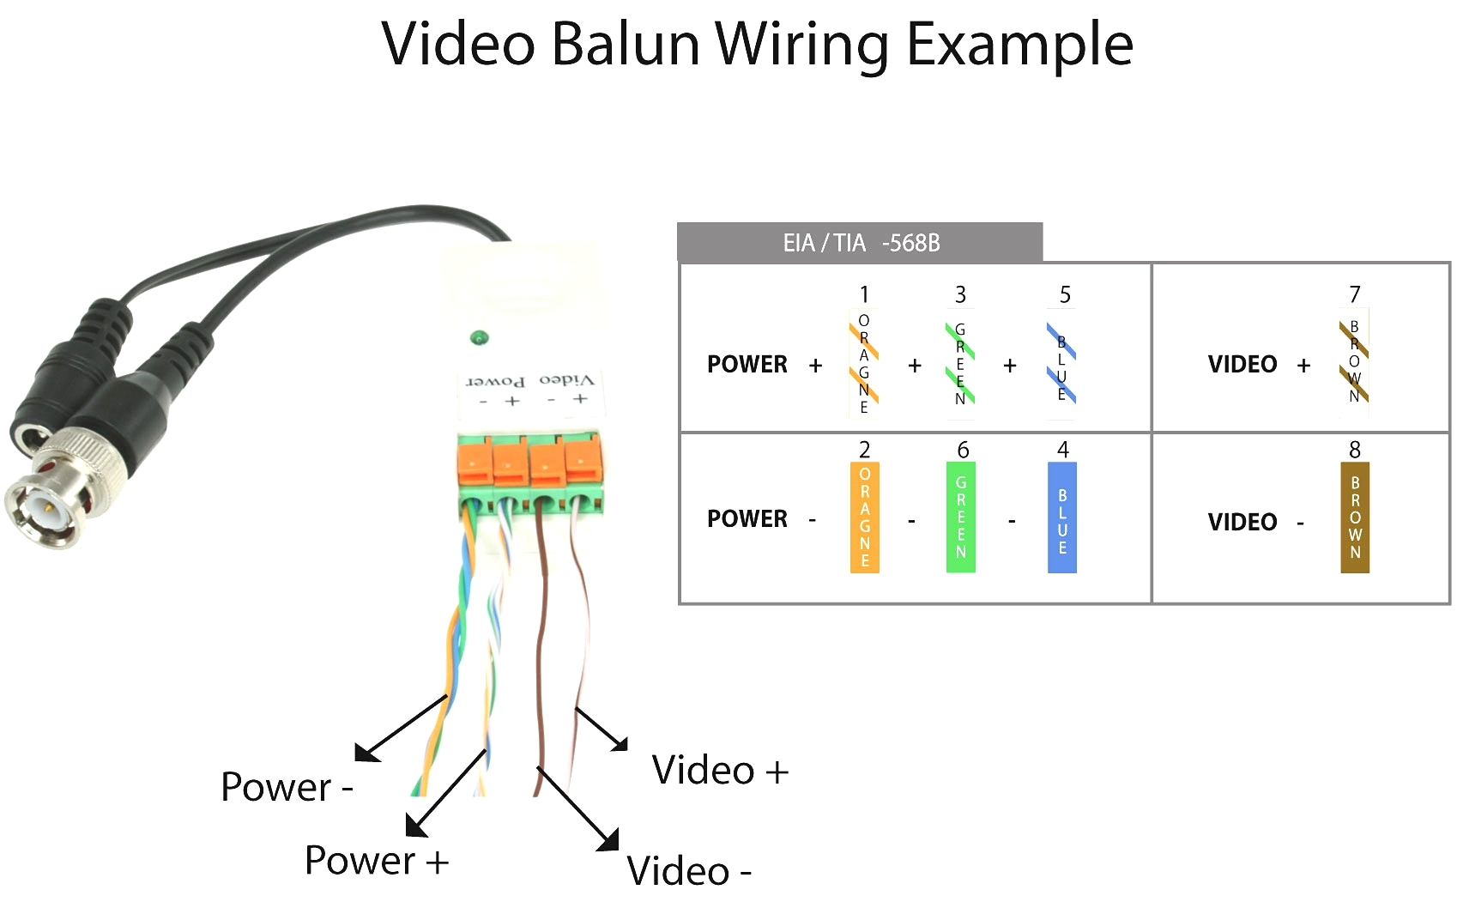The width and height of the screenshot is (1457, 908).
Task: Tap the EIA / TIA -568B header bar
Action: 860,243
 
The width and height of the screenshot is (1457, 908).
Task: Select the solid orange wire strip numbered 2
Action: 864,517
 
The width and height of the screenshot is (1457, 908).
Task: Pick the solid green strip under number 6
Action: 960,517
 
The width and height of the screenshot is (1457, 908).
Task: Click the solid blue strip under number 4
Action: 1061,518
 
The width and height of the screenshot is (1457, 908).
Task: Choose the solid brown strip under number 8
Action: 1354,518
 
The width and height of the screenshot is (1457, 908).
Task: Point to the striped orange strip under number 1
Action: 863,364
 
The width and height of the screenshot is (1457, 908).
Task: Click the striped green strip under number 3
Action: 959,364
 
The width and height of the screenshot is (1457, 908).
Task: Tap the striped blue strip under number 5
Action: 1061,364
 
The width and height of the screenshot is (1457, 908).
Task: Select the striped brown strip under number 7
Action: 1354,362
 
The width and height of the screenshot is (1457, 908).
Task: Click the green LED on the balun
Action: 479,337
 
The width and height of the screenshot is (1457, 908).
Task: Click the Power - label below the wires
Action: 286,787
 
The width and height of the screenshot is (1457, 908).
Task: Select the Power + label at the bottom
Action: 376,860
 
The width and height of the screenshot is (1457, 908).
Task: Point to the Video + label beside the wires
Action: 719,770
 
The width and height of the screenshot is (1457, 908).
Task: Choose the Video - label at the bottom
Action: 688,871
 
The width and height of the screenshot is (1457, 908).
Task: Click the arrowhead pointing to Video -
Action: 609,841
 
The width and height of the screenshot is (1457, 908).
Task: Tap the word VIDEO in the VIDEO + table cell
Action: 1242,364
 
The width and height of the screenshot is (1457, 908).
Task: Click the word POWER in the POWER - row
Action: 747,518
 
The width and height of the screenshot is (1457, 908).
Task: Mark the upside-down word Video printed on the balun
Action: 566,379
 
